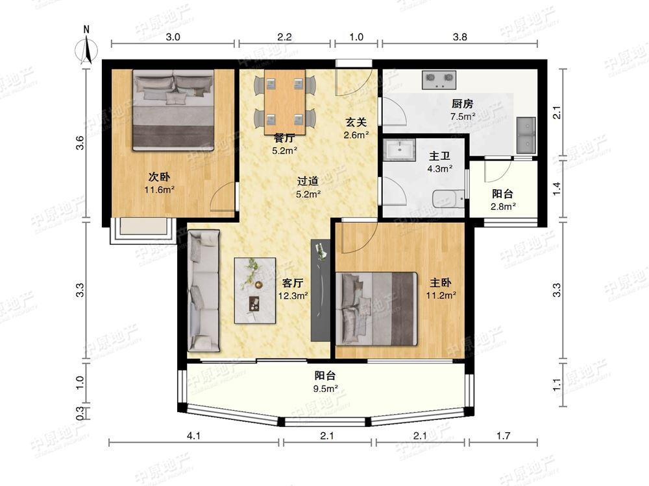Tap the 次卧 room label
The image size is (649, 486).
(x=160, y=178)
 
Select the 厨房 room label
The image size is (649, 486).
(x=462, y=104)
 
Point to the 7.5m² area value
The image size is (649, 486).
(x=463, y=117)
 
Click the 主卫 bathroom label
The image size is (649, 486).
(x=439, y=156)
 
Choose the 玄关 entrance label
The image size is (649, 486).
(x=356, y=122)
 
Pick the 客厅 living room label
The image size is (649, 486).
(x=293, y=283)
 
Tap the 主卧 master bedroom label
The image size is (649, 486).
(x=441, y=283)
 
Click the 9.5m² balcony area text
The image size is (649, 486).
(x=325, y=388)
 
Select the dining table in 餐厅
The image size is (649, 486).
(x=285, y=102)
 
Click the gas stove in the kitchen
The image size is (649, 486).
(x=439, y=80)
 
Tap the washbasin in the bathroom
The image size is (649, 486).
(x=399, y=150)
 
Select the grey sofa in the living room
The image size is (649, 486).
(x=203, y=291)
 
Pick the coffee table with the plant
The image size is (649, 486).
(x=255, y=290)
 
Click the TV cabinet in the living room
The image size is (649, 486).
(x=321, y=290)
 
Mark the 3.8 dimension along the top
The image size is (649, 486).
(x=460, y=37)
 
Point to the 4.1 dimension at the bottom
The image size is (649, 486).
(x=193, y=435)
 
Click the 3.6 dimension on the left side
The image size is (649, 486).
(x=80, y=143)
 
